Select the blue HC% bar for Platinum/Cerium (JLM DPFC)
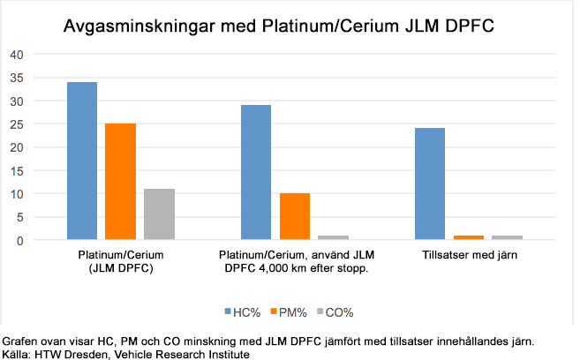(x=81, y=161)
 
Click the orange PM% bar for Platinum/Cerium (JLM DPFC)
(x=120, y=182)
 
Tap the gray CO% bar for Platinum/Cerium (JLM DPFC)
(x=159, y=214)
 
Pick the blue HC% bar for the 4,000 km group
(x=256, y=172)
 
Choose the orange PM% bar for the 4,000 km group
(x=294, y=216)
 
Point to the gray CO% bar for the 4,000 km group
(x=333, y=237)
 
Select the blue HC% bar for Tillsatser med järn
(x=430, y=184)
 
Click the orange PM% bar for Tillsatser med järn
(x=468, y=237)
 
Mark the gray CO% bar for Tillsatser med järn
(x=507, y=237)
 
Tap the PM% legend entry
(x=289, y=311)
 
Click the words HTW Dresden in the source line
(x=64, y=354)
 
